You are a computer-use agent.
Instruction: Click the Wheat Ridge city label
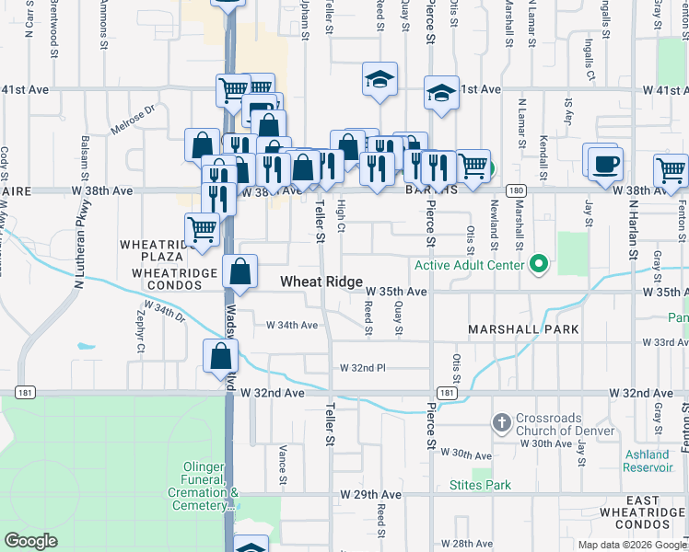coord(321,282)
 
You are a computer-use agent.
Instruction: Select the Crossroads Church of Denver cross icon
coord(502,423)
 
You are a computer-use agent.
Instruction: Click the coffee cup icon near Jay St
coord(605,165)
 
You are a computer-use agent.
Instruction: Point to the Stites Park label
coord(480,485)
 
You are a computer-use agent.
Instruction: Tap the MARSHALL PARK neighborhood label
coord(522,329)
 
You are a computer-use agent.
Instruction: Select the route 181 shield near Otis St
coord(446,393)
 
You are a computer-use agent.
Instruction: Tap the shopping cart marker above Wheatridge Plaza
coord(202,230)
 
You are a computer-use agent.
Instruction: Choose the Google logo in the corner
coord(30,541)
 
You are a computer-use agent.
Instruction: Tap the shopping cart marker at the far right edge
coord(671,171)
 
